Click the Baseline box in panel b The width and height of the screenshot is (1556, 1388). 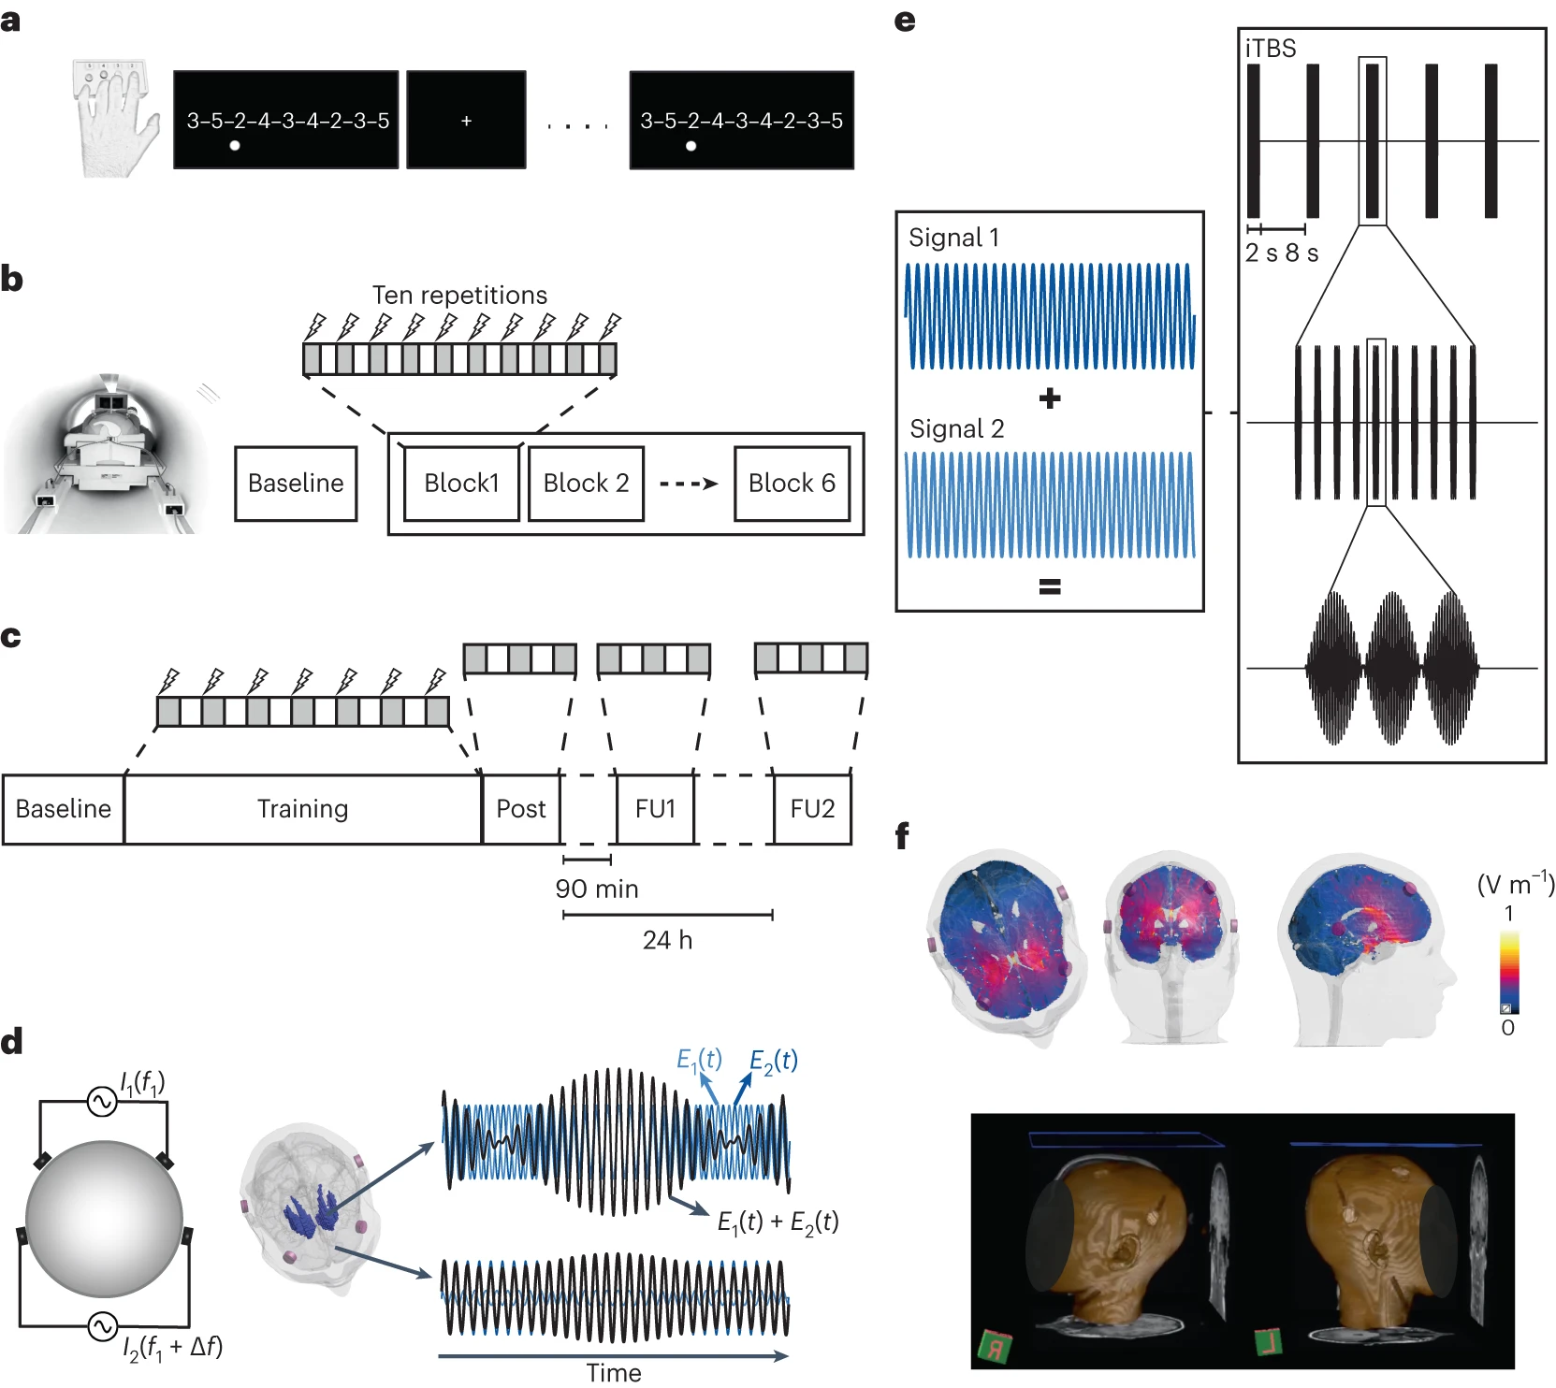(296, 484)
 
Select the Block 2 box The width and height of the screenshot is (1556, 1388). (586, 484)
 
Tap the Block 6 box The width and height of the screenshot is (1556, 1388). (792, 484)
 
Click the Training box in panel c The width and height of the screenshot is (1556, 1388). (302, 809)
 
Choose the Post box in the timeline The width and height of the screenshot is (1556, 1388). (520, 809)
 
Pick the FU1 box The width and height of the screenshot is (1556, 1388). (655, 809)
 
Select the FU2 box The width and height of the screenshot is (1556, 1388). (812, 809)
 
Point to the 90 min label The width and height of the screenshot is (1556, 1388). (597, 889)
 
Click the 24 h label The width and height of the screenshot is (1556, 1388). (667, 940)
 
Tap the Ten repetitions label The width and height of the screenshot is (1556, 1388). (459, 296)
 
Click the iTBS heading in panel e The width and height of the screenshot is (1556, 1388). (1271, 49)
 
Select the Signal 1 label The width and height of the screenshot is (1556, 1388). (953, 238)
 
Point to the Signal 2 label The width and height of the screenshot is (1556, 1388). (956, 429)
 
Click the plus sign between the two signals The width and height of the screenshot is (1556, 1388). (1050, 398)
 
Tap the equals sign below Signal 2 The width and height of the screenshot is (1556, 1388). (1050, 587)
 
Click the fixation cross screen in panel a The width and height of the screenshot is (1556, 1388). (466, 121)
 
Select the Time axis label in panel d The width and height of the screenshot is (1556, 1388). (614, 1373)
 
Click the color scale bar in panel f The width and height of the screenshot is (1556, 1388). (1509, 973)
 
